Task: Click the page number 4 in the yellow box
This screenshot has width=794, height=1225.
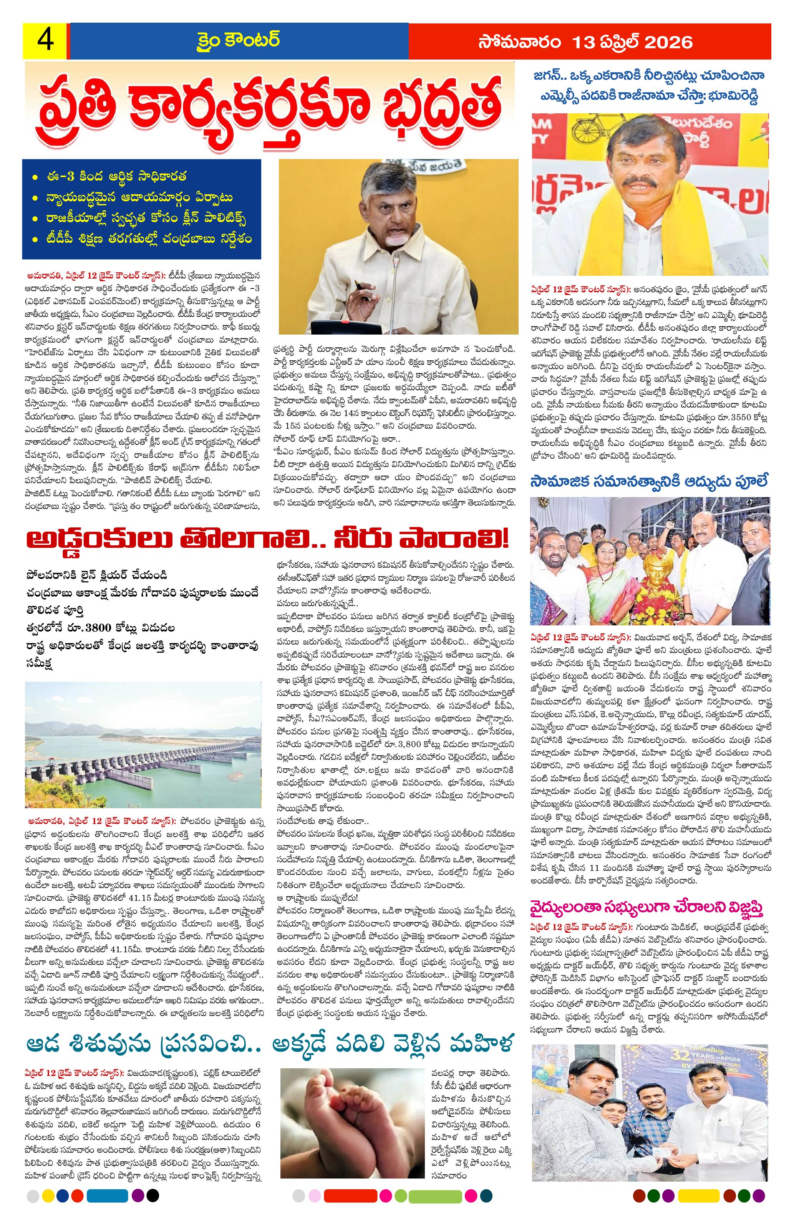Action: (44, 41)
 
